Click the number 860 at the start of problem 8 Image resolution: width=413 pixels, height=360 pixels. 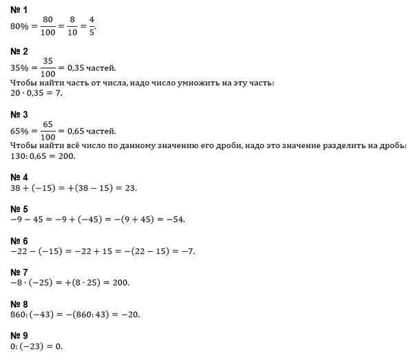pyautogui.click(x=21, y=315)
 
